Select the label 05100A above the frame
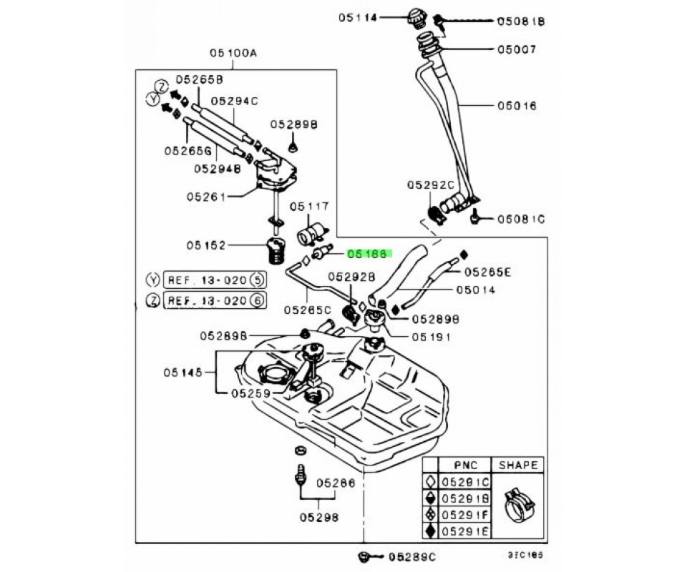(233, 52)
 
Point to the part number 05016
(517, 106)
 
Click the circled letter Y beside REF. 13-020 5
(151, 280)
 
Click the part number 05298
(319, 516)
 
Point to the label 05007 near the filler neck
(517, 50)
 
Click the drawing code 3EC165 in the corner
(518, 555)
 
